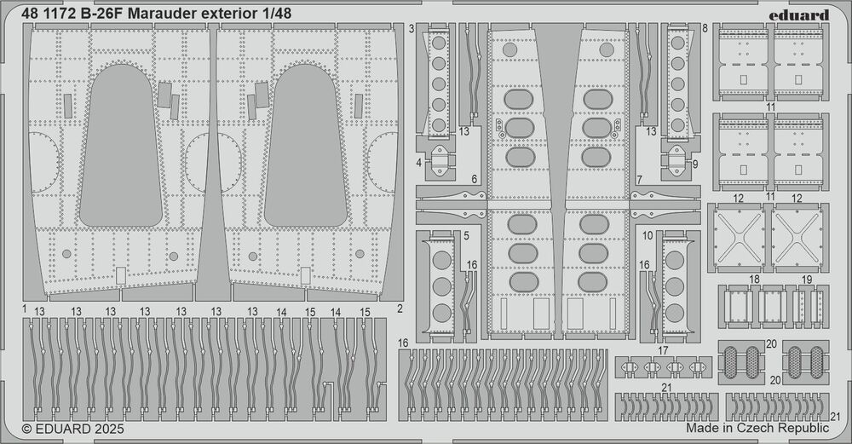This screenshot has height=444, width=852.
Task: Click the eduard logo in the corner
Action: tap(803, 14)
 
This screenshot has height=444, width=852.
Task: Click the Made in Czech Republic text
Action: tap(757, 431)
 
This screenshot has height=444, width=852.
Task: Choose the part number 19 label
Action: tap(807, 280)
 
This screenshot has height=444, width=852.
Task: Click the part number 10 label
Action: tap(648, 235)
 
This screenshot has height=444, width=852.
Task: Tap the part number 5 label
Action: tap(467, 235)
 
